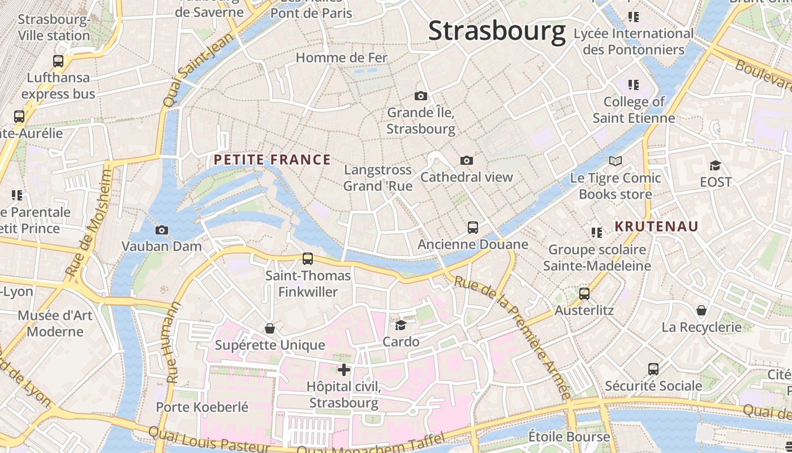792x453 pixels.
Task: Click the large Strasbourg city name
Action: click(x=497, y=31)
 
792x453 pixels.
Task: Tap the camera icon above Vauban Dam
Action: click(x=162, y=230)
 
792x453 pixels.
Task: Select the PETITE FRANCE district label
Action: click(x=272, y=160)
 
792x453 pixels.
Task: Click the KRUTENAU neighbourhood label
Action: click(x=657, y=226)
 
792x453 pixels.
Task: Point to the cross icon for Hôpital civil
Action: click(x=344, y=370)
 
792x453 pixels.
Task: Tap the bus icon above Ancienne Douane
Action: click(x=473, y=228)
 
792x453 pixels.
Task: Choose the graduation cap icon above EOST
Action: click(x=716, y=165)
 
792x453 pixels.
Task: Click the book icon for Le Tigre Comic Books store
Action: click(x=615, y=161)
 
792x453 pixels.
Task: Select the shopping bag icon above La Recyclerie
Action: click(x=701, y=310)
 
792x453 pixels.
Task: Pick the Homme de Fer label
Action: click(x=342, y=58)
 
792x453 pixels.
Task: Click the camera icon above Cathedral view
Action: click(x=467, y=160)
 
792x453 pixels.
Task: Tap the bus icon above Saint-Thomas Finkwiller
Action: click(x=308, y=259)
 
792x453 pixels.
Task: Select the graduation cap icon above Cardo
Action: click(x=401, y=324)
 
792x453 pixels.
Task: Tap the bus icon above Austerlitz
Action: click(x=584, y=294)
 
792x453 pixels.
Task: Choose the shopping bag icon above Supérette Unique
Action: click(x=270, y=328)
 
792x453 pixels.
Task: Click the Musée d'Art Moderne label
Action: click(x=55, y=323)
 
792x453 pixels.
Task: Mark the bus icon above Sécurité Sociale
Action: click(x=653, y=369)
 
